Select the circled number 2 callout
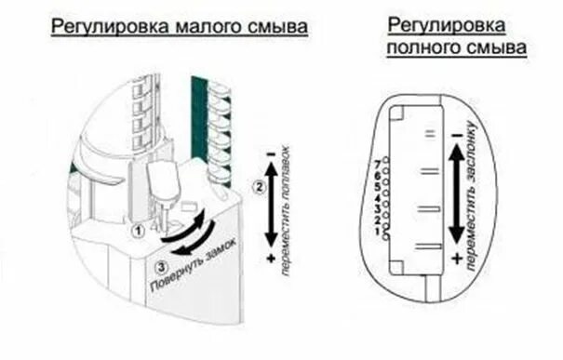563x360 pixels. (259, 189)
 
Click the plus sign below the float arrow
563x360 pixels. (270, 256)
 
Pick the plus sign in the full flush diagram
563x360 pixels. (457, 256)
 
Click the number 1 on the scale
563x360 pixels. (375, 232)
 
